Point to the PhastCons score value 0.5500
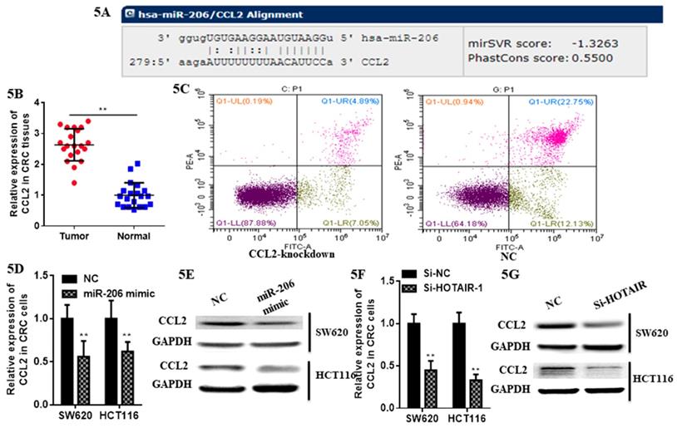tap(593, 57)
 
